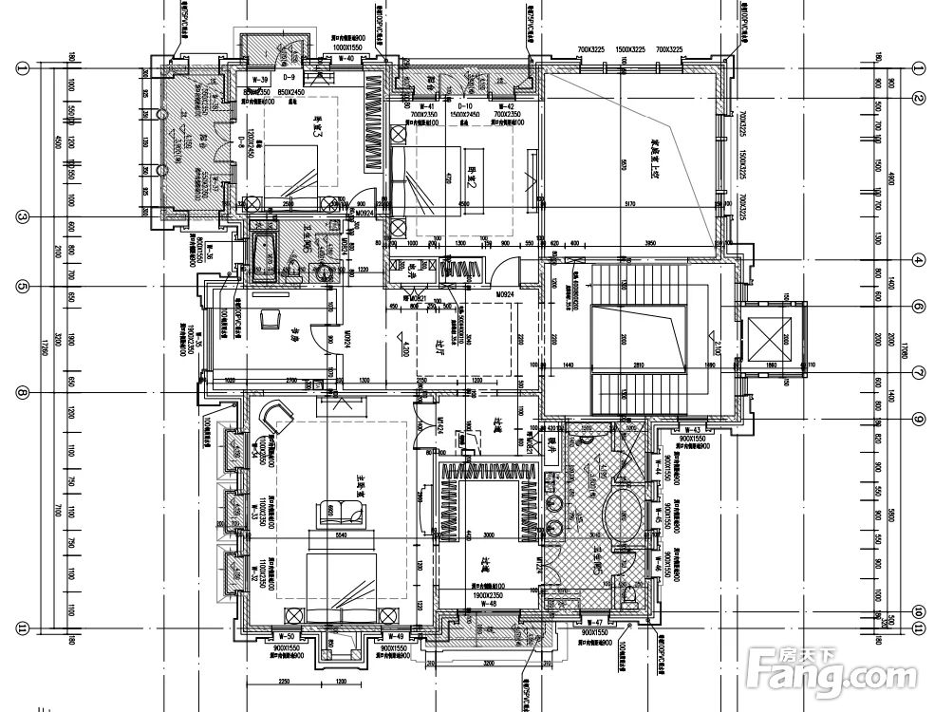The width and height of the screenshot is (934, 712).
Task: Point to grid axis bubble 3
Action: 21,216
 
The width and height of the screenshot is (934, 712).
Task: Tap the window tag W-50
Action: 285,635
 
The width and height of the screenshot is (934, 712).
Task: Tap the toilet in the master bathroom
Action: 630,594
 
